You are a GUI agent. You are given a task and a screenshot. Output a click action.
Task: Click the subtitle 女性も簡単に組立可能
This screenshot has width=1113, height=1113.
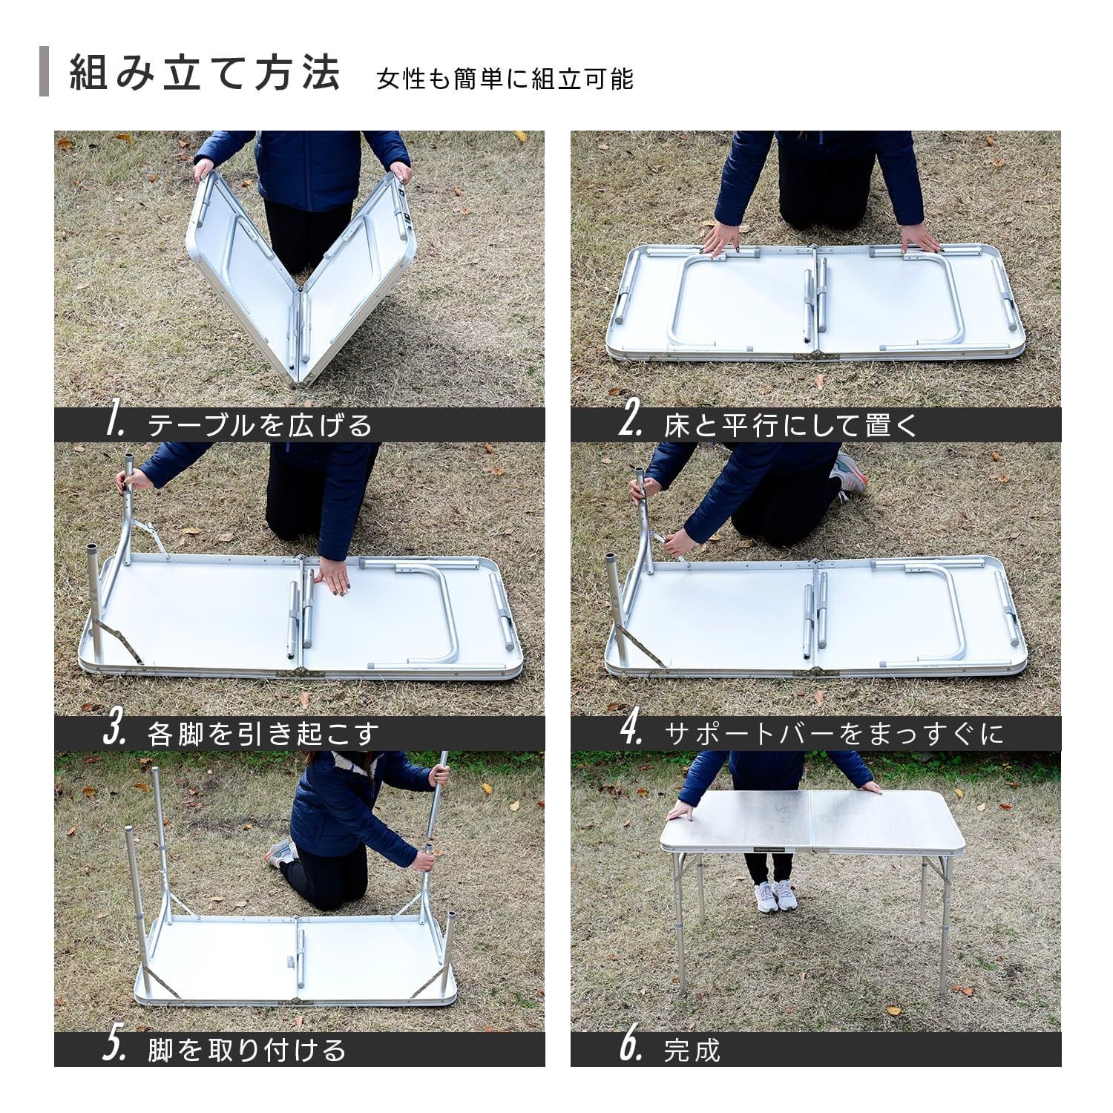click(x=505, y=79)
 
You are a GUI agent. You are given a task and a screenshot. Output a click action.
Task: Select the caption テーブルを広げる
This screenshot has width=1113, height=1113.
click(x=260, y=425)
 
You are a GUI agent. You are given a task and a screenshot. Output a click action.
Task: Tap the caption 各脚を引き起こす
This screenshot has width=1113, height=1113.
click(x=263, y=734)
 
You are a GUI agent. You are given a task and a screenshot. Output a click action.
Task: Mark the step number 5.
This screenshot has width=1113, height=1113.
click(x=114, y=1048)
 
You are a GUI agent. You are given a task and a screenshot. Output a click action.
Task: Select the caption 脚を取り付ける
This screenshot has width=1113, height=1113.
click(x=247, y=1050)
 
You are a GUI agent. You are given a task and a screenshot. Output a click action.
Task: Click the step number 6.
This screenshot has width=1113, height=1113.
click(x=630, y=1048)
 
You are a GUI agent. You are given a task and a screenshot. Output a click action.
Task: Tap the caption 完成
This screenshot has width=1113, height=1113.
click(x=692, y=1050)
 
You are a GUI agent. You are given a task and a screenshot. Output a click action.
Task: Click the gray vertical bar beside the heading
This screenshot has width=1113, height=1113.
click(x=44, y=72)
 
